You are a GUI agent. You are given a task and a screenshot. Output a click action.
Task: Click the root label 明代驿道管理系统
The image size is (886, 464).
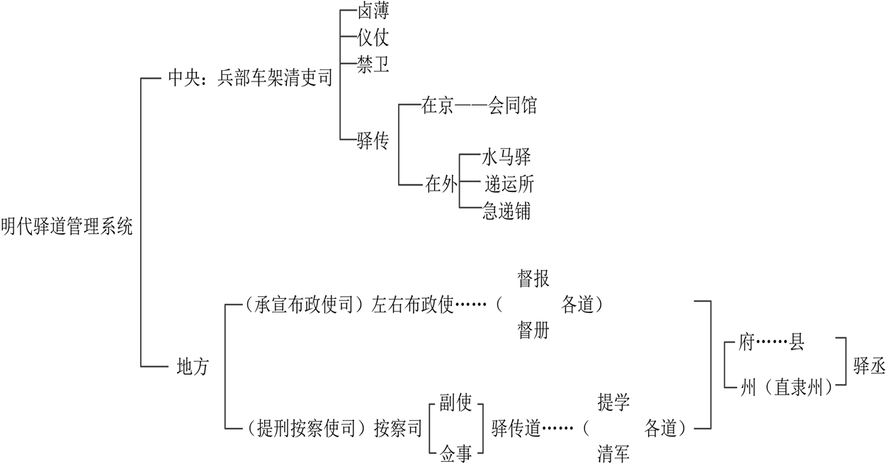tap(67, 227)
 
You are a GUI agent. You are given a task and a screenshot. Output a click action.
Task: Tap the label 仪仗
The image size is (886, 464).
tap(374, 38)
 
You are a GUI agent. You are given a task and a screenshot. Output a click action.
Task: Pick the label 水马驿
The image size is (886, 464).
tap(506, 157)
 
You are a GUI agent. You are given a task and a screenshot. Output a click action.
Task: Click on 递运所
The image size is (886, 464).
tap(509, 184)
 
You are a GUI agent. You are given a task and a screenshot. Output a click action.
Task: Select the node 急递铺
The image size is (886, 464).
tap(506, 210)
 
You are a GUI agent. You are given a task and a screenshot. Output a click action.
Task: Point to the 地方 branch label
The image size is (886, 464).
tap(192, 368)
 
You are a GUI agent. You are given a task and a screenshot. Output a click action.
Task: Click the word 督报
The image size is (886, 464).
tap(533, 278)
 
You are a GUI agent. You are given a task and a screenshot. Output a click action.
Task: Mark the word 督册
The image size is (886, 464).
tap(533, 330)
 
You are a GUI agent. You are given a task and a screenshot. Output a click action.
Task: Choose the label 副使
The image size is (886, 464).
tap(455, 402)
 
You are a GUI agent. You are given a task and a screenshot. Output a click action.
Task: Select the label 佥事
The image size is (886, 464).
tap(455, 453)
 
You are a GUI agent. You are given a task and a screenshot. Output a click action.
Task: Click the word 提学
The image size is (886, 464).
tap(613, 402)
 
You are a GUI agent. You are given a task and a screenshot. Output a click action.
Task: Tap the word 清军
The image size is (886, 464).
tap(613, 453)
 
